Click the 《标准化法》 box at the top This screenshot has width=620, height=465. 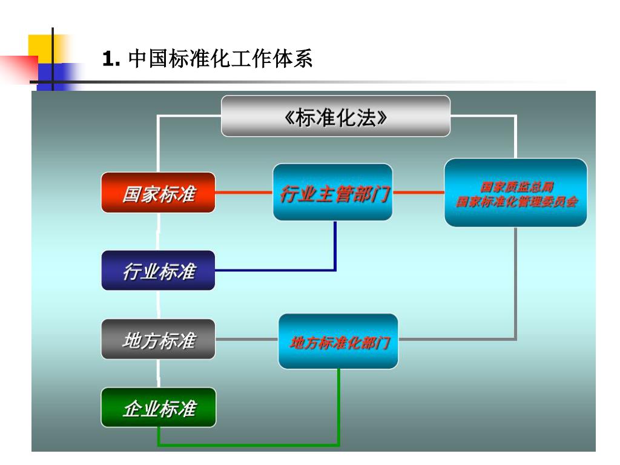[335, 116]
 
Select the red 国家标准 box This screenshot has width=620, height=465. [158, 193]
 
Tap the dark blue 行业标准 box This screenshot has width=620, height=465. [158, 271]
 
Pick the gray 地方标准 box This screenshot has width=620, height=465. [158, 340]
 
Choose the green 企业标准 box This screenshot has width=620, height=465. [158, 408]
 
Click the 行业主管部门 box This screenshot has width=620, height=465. [333, 193]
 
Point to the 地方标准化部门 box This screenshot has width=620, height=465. [338, 342]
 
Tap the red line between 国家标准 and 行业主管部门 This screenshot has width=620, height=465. [243, 193]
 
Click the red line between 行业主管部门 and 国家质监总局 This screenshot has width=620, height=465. [418, 193]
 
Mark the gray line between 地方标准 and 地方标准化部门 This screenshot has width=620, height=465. [246, 340]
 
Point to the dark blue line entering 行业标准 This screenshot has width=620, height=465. [272, 270]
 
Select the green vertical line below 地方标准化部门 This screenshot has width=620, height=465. [339, 406]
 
